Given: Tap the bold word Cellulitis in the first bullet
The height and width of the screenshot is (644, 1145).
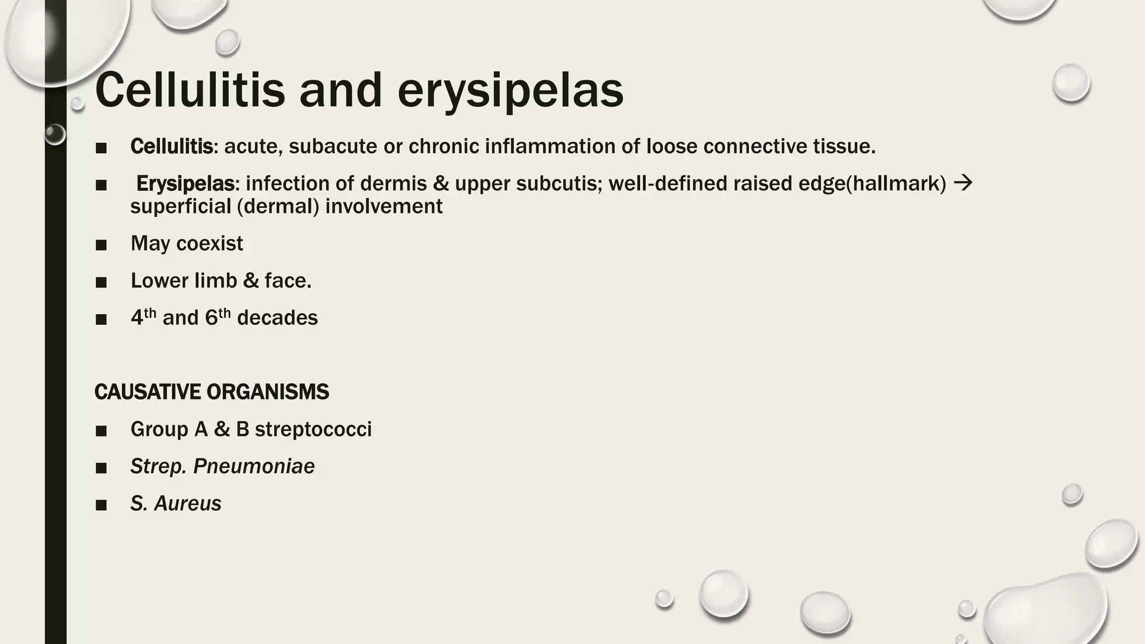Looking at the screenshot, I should pos(171,146).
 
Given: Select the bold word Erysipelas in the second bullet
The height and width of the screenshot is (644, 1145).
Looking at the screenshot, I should pos(185,183).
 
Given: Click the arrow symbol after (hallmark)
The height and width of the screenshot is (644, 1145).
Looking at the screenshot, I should pos(963,183).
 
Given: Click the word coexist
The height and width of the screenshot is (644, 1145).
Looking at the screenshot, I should pos(210,244).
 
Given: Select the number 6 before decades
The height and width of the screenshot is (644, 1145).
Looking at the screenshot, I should pos(211,318).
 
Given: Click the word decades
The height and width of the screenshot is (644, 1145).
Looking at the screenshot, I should pos(277,318).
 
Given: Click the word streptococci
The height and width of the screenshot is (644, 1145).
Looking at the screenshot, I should pos(313,429).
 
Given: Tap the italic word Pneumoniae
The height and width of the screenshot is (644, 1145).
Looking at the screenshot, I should pos(254,466).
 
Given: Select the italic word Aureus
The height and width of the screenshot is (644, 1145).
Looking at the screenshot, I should pos(187,504).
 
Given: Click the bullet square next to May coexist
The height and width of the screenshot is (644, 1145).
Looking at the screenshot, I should pos(101,245).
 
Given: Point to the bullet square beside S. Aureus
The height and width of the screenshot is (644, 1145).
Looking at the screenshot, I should pos(101,505).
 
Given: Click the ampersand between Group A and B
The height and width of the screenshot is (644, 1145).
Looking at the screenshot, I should pos(221,429).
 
